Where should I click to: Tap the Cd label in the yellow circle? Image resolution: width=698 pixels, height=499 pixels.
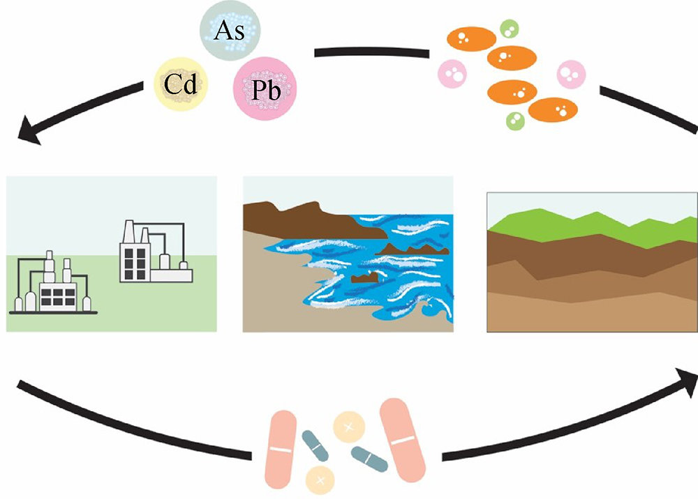tap(181, 85)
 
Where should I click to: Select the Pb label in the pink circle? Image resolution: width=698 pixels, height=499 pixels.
tap(263, 89)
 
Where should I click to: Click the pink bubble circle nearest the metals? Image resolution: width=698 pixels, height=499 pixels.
tap(452, 72)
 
